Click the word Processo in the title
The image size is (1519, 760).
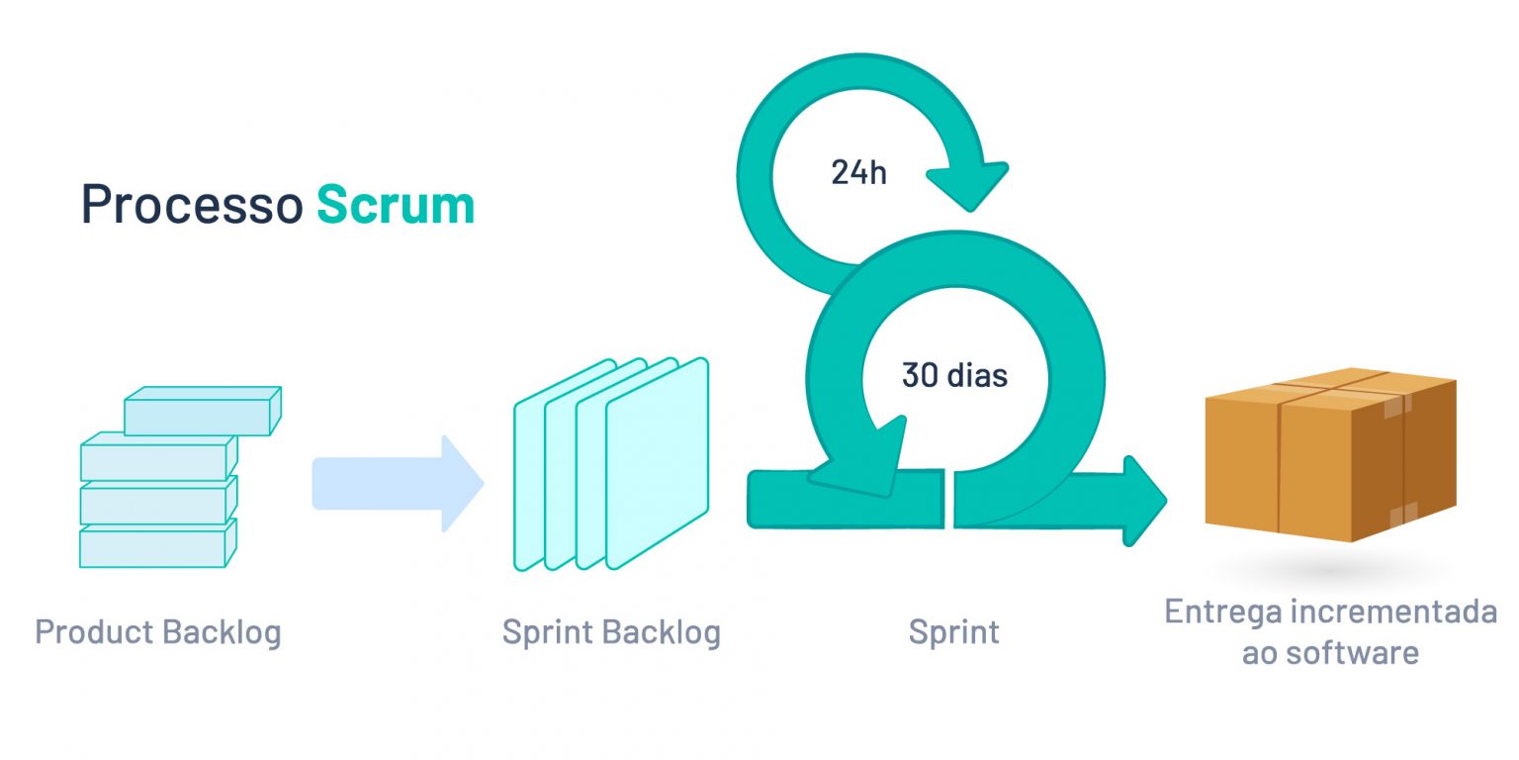click(x=191, y=205)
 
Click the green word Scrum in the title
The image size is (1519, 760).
click(x=396, y=205)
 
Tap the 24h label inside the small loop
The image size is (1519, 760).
click(x=858, y=173)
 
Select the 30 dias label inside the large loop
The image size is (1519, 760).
click(x=954, y=376)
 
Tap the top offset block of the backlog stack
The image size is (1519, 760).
click(x=202, y=412)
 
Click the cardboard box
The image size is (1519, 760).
click(x=1330, y=454)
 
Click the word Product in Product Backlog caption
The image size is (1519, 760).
click(x=94, y=632)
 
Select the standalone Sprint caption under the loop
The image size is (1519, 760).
click(x=953, y=632)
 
